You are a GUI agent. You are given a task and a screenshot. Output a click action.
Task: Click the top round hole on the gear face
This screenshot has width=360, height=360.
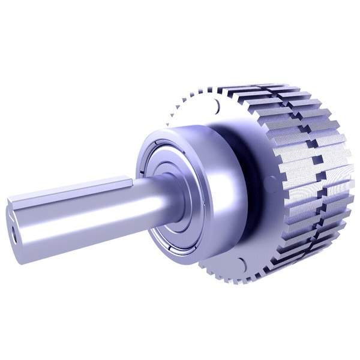[215, 107]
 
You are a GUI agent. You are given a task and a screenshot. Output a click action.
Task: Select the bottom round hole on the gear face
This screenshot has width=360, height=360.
[241, 262]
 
